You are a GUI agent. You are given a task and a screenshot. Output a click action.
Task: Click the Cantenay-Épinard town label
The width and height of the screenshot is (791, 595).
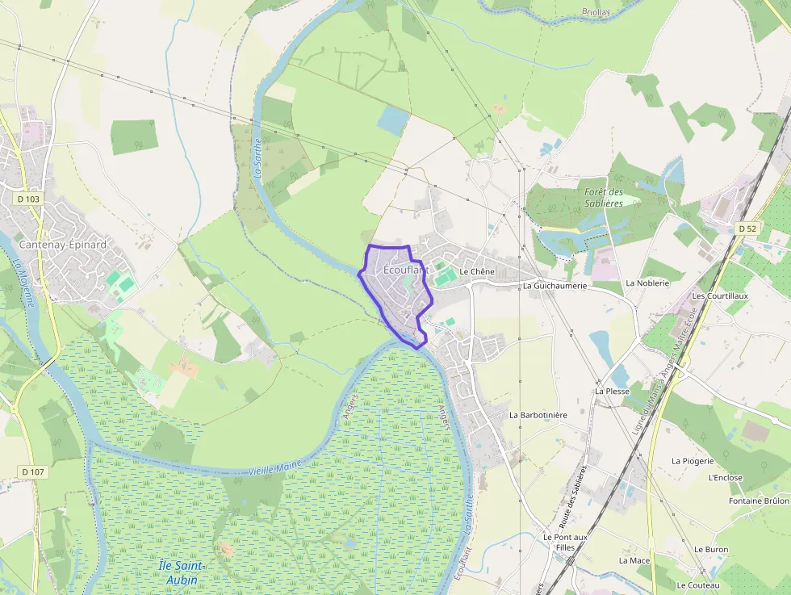(x=54, y=244)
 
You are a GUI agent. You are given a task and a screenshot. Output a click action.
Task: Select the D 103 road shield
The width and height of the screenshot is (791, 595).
(x=28, y=199)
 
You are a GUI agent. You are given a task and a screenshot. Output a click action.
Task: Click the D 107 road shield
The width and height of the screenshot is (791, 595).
(x=33, y=471)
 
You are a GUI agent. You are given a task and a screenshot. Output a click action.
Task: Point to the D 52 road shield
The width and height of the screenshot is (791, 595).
(x=747, y=228)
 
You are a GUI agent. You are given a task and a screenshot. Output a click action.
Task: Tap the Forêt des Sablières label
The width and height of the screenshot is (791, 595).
(x=604, y=197)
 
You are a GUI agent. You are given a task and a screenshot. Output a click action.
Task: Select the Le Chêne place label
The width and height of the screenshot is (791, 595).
(x=476, y=272)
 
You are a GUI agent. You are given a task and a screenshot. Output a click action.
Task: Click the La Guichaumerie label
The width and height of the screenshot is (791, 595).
(x=555, y=286)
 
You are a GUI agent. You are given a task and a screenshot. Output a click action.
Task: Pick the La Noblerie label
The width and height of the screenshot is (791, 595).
(x=647, y=283)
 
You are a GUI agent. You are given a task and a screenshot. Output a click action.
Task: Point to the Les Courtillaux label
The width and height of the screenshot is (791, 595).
(x=720, y=296)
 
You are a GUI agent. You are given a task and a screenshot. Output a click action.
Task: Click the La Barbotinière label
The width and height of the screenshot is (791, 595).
(x=538, y=415)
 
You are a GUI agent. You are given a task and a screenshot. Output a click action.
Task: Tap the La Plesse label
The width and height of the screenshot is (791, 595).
(x=612, y=391)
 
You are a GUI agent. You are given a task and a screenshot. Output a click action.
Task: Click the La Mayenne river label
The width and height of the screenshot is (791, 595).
(x=23, y=282)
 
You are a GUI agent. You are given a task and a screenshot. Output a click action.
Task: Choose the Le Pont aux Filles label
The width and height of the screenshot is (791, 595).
(x=565, y=542)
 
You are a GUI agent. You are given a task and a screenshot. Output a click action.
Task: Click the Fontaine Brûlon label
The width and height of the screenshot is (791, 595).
(x=758, y=501)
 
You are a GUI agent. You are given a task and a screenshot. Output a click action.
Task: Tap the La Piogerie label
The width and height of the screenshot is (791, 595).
(x=693, y=461)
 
